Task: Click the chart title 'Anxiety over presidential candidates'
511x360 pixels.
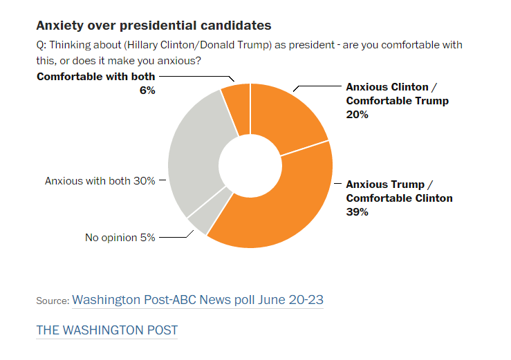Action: point(154,26)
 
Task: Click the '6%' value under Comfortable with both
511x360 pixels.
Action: point(147,90)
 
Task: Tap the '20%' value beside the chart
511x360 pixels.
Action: point(357,115)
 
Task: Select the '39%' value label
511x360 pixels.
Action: point(357,212)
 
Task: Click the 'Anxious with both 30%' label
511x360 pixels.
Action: point(100,181)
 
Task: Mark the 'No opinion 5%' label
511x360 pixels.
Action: point(120,238)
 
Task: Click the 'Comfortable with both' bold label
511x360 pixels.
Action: point(96,77)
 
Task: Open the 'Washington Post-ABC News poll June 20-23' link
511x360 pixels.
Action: point(198,300)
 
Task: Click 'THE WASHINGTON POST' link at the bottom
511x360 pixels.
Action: point(107,330)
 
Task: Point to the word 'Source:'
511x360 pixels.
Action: point(53,301)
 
